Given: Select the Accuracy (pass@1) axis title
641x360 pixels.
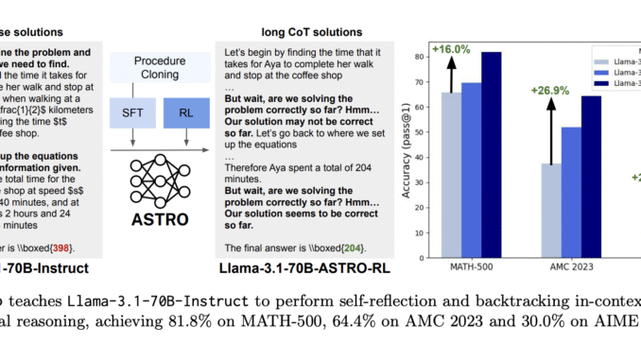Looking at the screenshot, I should pos(408,153).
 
